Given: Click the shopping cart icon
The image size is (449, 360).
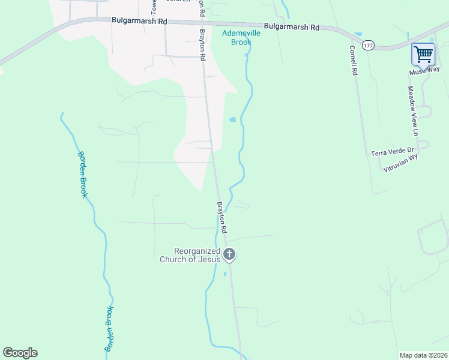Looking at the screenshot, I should pos(423,55).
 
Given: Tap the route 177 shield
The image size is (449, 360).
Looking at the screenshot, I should pos(368,46).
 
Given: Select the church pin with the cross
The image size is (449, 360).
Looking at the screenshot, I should pos(229,254).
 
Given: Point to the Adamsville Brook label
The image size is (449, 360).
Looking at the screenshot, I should pos(241,37).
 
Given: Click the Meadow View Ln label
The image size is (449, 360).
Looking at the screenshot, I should pos(412,111).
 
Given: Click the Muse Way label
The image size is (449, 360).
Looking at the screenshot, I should pos(424,71).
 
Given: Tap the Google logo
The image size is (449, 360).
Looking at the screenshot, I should pos(20,353).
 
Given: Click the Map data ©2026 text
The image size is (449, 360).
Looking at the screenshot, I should pos(423,355).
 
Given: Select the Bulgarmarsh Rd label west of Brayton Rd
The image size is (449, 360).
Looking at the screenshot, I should pos(139,20).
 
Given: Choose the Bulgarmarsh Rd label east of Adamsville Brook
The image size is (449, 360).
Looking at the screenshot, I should pos(291,27).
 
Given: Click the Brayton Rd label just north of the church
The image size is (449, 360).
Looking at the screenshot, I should pos(221,217).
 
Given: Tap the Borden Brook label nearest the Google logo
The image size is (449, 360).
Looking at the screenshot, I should pos(109,328).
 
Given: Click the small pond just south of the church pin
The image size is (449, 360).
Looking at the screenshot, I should pos(224,274).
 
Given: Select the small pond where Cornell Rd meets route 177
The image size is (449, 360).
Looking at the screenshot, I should pos(358,34).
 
